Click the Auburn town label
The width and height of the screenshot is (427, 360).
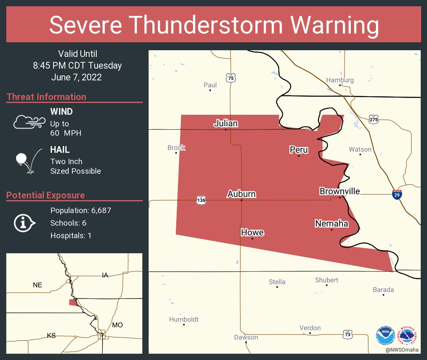[x=242, y=194]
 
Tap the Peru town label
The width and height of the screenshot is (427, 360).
[x=298, y=150]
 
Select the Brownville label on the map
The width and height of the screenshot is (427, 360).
[x=340, y=191]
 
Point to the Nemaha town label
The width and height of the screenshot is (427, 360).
[x=331, y=224]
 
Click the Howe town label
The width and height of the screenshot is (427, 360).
[x=252, y=232]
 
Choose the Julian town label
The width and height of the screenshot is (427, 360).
[x=226, y=123]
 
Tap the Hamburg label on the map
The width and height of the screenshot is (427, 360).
[x=340, y=80]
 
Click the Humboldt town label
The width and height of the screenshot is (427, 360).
[x=184, y=319]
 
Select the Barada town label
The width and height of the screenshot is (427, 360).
[x=383, y=290]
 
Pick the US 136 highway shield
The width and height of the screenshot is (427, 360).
[x=201, y=200]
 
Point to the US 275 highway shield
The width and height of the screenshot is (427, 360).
[x=374, y=119]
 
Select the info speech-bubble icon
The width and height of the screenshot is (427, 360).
[x=24, y=223]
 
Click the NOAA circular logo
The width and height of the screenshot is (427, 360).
[x=385, y=335]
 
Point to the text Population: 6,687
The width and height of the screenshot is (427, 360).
[x=80, y=211]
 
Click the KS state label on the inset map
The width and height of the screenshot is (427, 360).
[x=51, y=335]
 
